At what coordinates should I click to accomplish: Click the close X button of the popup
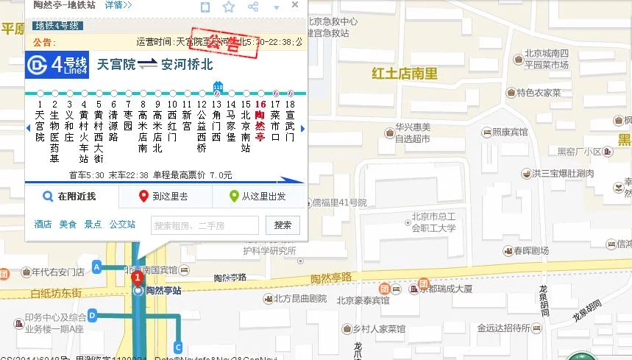[x=295, y=5]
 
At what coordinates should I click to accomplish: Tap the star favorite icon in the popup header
[x=229, y=7]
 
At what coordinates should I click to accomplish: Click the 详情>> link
[x=118, y=5]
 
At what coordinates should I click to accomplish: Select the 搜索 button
[x=283, y=225]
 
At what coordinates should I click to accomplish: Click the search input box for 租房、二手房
[x=205, y=225]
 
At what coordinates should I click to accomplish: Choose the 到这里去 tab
[x=164, y=197]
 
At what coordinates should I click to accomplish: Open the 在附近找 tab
[x=71, y=197]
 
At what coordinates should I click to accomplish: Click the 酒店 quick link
[x=43, y=225]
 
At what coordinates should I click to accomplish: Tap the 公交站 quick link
[x=122, y=225]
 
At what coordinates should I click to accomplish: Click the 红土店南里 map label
[x=405, y=74]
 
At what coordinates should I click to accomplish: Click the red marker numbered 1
[x=137, y=278]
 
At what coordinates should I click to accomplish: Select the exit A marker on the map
[x=96, y=266]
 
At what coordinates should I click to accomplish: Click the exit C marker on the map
[x=178, y=347]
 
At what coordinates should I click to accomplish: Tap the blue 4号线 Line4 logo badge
[x=57, y=65]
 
